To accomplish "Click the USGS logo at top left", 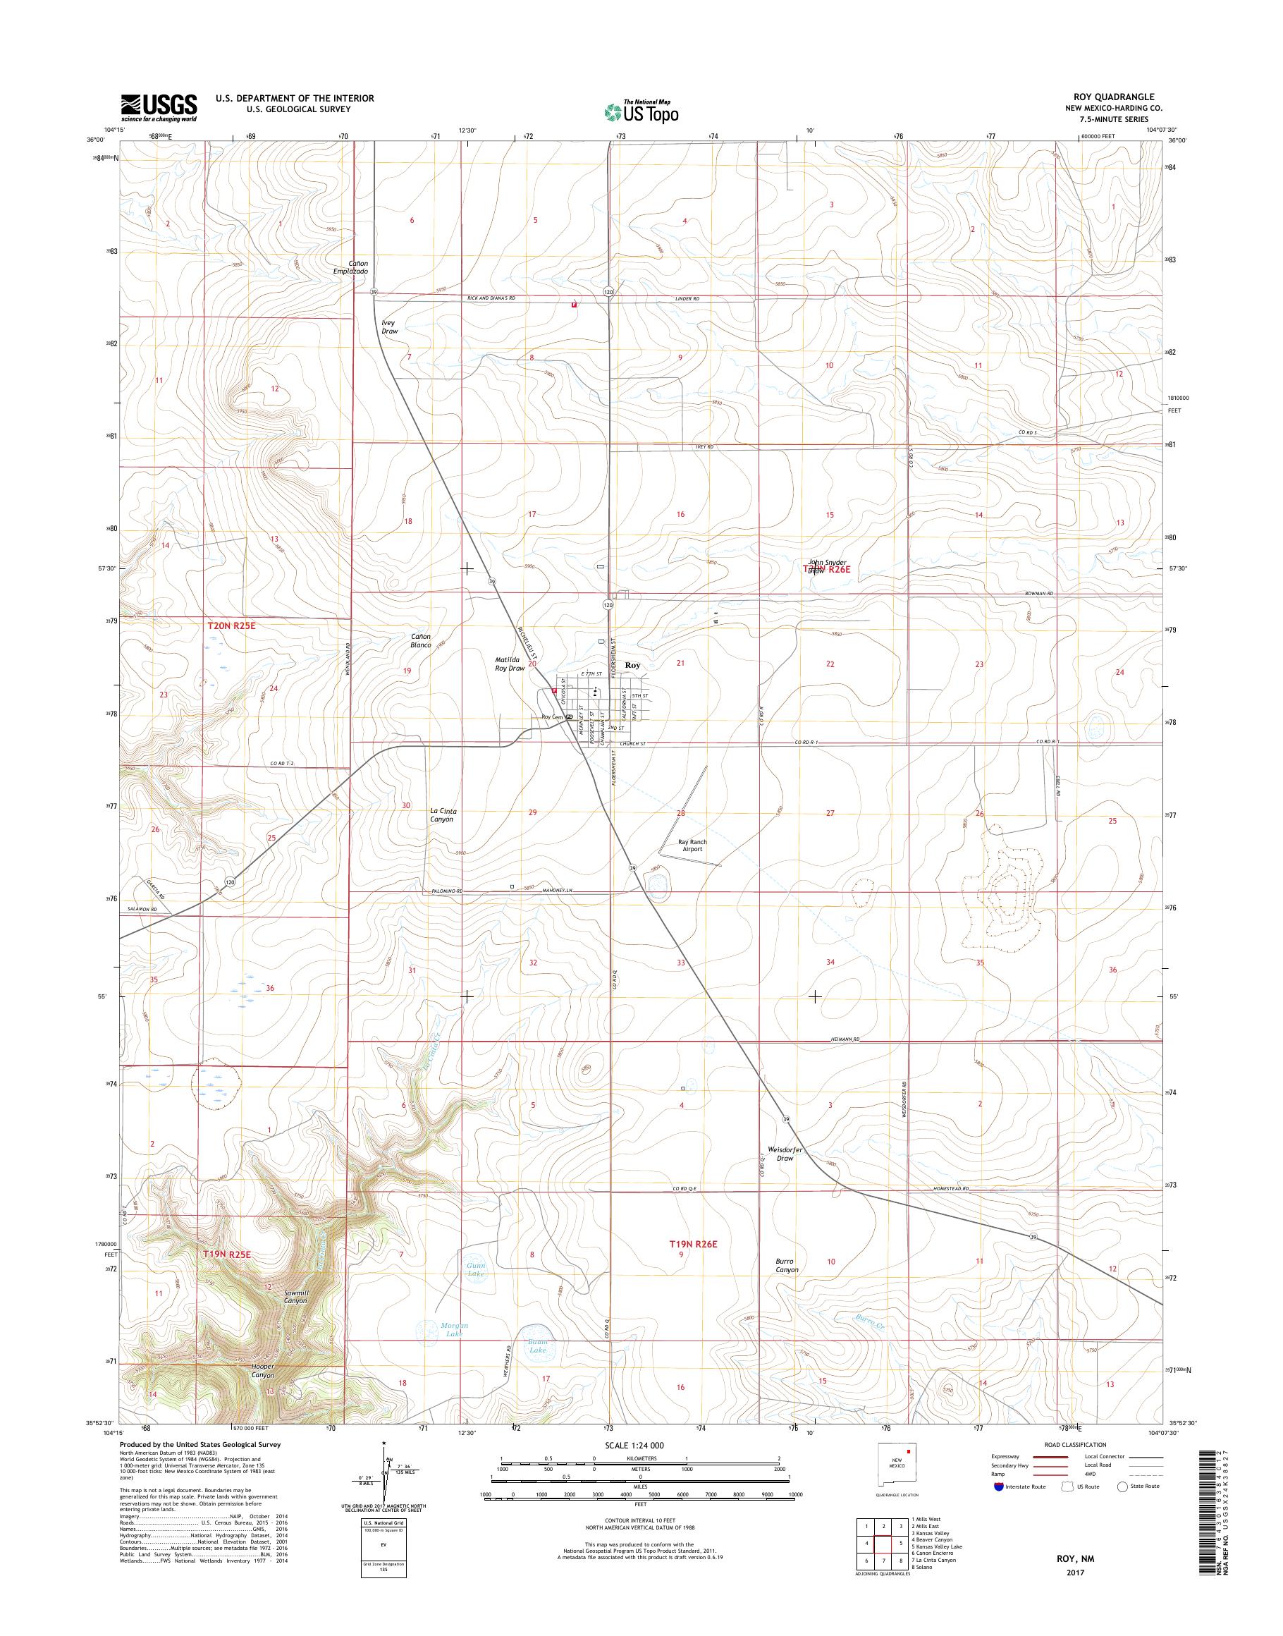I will click(159, 107).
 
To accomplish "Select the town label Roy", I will click(632, 665).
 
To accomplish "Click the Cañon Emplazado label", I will click(350, 267).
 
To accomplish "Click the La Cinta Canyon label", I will click(443, 815).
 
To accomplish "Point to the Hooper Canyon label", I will click(264, 1371).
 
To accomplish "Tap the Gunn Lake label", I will click(477, 1270).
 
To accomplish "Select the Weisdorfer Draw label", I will click(785, 1154).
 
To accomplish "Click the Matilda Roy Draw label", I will click(509, 664).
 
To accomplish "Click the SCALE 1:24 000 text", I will click(634, 1445).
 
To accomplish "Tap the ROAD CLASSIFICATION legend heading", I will click(1076, 1444).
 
